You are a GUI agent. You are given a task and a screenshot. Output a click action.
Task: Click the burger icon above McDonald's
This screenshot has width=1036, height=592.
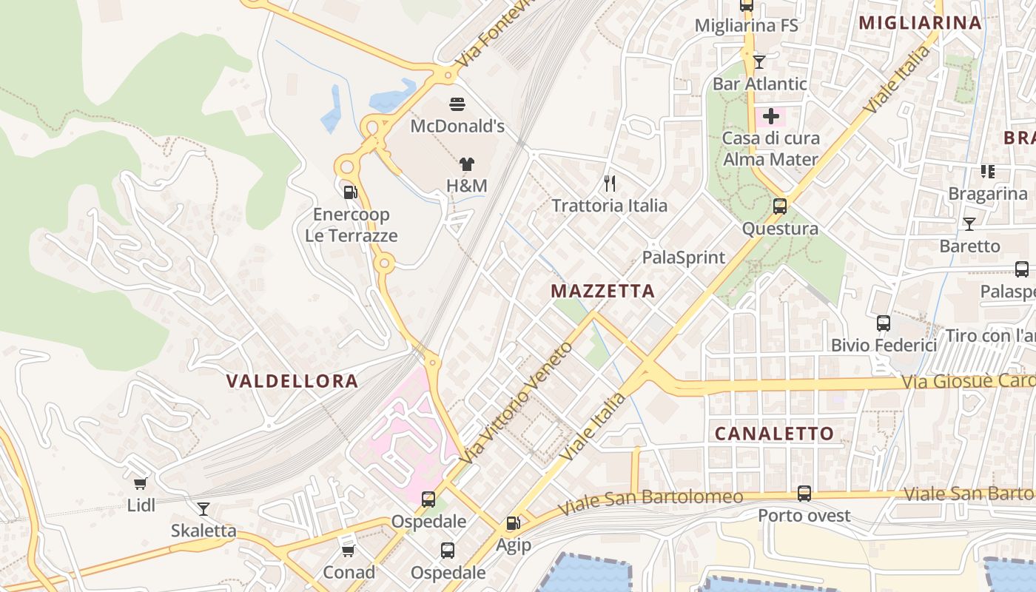(457, 104)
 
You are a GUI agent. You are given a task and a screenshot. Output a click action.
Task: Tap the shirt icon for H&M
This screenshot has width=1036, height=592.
(466, 164)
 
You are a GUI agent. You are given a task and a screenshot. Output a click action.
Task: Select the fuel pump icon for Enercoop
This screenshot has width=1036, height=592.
(351, 192)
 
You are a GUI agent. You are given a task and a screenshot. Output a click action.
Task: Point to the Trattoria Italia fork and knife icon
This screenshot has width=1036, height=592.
(610, 184)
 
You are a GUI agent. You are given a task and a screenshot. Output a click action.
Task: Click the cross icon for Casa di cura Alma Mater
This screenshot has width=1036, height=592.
(771, 116)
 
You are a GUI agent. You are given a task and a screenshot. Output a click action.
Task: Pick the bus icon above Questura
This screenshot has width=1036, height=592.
(780, 206)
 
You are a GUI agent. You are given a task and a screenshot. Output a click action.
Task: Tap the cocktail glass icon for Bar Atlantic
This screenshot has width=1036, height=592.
(759, 61)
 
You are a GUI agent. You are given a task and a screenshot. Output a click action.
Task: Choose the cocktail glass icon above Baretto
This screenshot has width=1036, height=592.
(969, 223)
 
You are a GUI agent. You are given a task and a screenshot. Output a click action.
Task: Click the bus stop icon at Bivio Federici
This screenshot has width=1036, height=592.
(884, 323)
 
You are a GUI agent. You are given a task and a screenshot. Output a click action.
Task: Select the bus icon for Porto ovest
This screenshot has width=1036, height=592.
(804, 494)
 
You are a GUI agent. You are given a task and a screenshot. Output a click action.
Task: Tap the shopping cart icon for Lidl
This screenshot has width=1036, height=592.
(141, 484)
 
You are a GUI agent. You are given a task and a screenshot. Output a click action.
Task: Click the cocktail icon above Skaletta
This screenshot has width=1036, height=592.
(203, 509)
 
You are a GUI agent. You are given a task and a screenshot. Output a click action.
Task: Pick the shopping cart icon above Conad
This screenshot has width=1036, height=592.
(349, 551)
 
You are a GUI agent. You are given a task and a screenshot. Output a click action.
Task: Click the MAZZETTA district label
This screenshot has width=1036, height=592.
(603, 292)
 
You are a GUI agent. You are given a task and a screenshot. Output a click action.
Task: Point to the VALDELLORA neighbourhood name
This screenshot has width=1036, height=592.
(292, 381)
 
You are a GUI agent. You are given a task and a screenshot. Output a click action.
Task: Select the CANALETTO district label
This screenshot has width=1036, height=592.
(774, 434)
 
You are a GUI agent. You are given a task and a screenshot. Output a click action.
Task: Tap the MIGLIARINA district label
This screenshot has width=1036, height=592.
(921, 23)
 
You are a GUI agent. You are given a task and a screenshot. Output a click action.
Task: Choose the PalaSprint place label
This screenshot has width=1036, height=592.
(684, 258)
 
